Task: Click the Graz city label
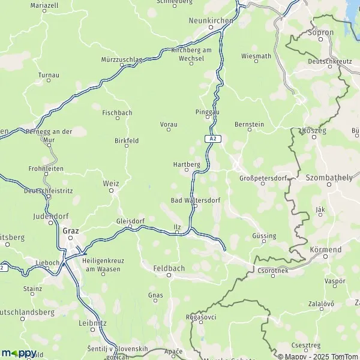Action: click(x=70, y=229)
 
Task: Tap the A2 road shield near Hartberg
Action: click(x=212, y=139)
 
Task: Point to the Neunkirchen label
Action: click(x=210, y=20)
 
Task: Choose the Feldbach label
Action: click(x=169, y=268)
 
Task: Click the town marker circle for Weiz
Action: click(x=112, y=191)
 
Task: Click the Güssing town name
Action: click(x=265, y=236)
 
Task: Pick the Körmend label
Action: click(x=326, y=249)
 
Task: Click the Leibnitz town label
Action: click(x=92, y=322)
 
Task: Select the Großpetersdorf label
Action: click(x=263, y=178)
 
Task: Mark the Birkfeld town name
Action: click(x=127, y=140)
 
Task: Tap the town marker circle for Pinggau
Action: click(x=208, y=118)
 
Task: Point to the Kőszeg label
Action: click(x=314, y=130)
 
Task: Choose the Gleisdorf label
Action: click(x=130, y=220)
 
